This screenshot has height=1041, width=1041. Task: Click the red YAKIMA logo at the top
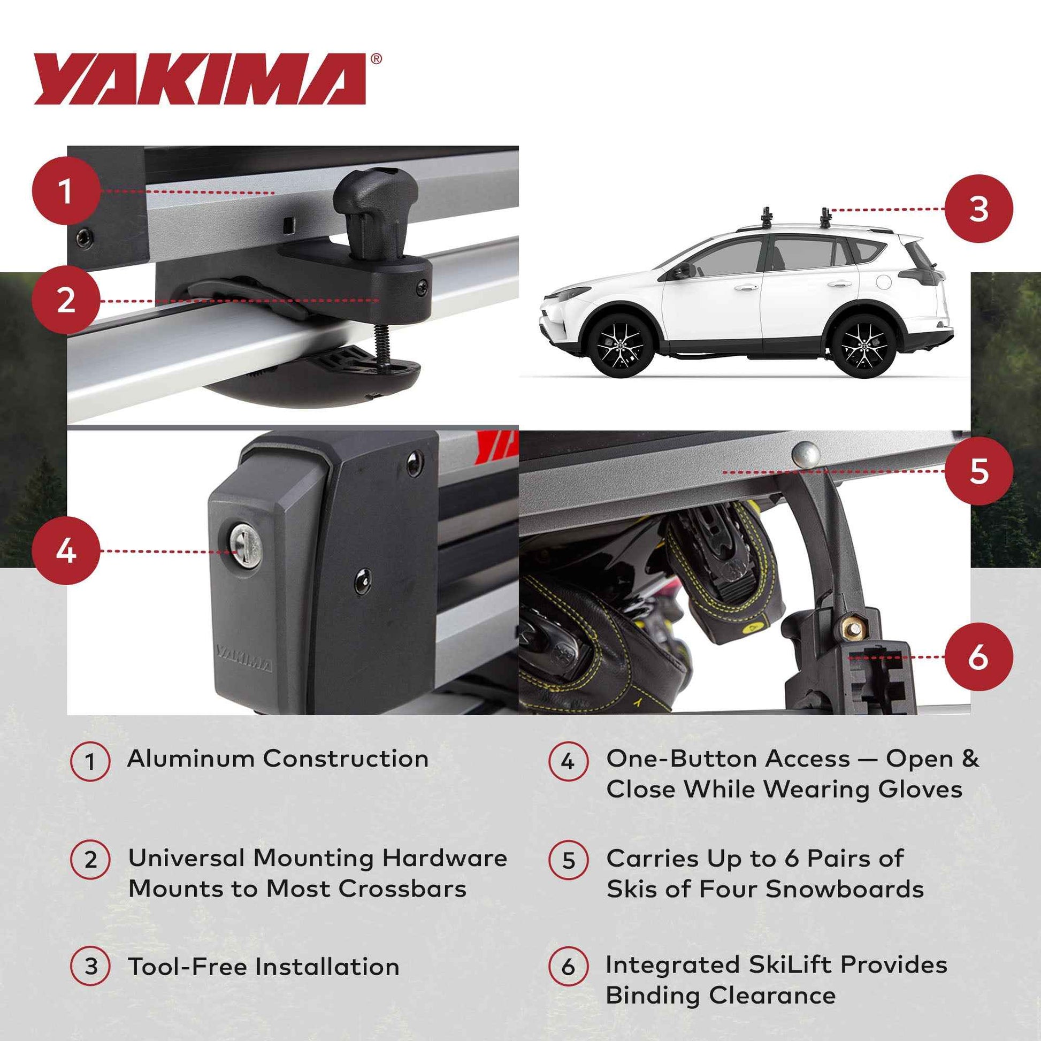[x=201, y=79]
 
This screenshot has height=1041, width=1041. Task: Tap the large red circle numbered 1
[x=66, y=192]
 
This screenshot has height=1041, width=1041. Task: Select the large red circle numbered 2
[x=66, y=300]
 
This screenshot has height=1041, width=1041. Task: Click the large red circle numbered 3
[x=978, y=209]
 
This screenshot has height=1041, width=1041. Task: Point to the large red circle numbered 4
[x=66, y=550]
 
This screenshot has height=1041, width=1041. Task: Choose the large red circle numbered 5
[x=978, y=471]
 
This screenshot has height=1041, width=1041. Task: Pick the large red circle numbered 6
[x=978, y=657]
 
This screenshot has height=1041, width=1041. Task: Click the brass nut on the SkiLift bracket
[x=853, y=626]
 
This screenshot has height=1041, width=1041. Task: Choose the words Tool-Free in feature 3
[x=187, y=967]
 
